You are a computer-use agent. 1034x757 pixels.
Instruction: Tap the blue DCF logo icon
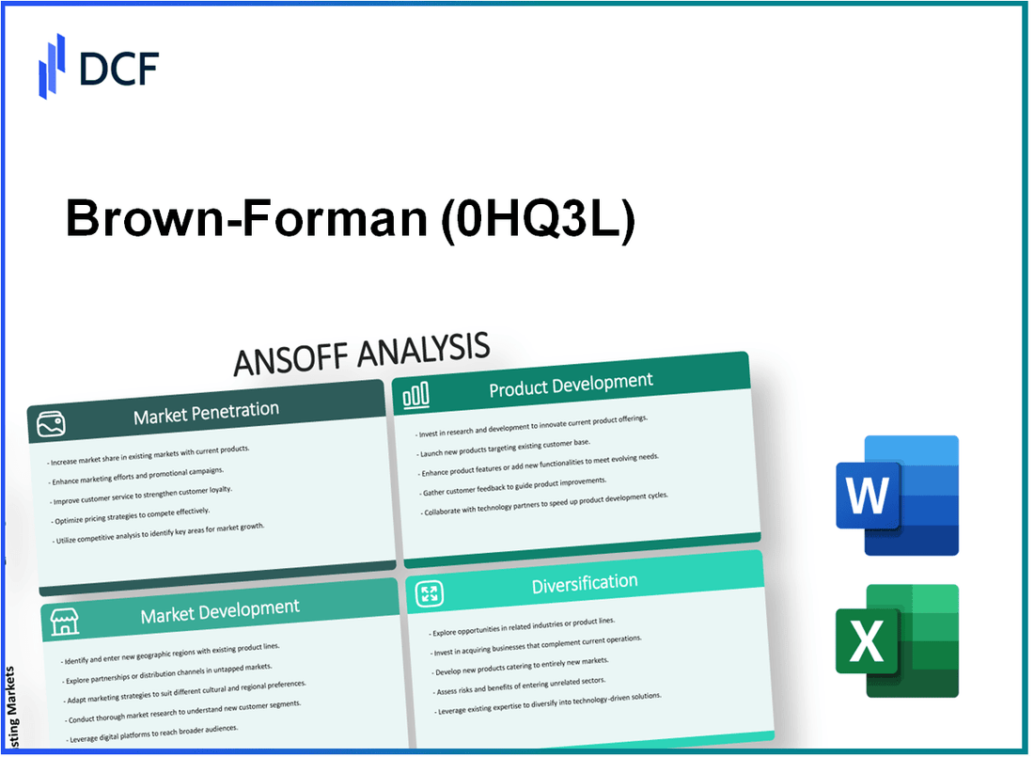(x=53, y=65)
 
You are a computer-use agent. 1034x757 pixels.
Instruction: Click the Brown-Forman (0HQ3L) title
(x=350, y=219)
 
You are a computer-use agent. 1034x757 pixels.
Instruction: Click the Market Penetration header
(x=206, y=411)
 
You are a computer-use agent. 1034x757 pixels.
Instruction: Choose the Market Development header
(x=220, y=612)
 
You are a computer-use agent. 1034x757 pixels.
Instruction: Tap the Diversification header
(x=584, y=584)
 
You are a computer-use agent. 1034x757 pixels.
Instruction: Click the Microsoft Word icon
(x=897, y=496)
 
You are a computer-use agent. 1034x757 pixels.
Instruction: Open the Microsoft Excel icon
(x=897, y=640)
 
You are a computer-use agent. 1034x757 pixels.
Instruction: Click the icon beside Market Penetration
(x=53, y=426)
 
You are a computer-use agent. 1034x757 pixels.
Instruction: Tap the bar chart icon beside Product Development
(x=416, y=397)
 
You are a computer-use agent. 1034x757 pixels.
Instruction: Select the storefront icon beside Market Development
(x=64, y=622)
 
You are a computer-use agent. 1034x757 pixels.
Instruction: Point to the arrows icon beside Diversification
(x=429, y=593)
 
